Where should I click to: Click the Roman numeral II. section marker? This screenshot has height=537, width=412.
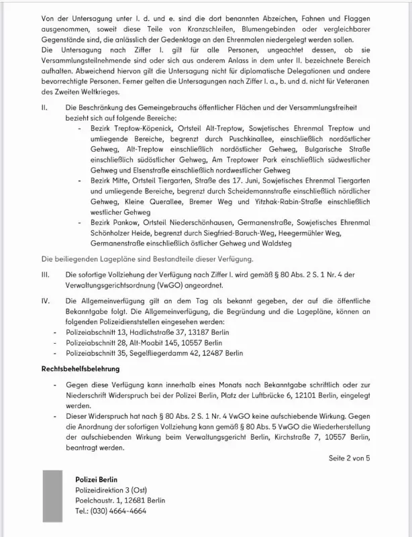tap(45, 107)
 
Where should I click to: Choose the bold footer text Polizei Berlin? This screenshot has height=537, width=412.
tap(98, 479)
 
